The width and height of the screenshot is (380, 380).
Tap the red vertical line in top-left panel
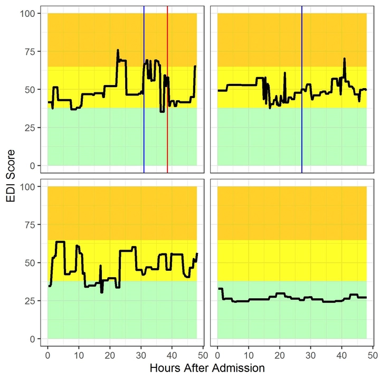167,132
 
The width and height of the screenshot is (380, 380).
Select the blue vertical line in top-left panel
144,132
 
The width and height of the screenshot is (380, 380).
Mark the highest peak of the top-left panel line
118,50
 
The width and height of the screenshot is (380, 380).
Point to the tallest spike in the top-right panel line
344,59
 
